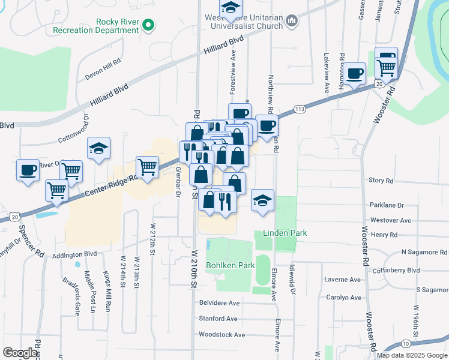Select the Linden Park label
pyautogui.click(x=285, y=233)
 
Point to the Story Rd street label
pyautogui.click(x=381, y=180)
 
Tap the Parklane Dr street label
pyautogui.click(x=387, y=205)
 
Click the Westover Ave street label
pyautogui.click(x=391, y=220)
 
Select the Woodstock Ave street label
pyautogui.click(x=222, y=335)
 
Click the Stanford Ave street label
pyautogui.click(x=218, y=319)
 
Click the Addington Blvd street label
pyautogui.click(x=75, y=254)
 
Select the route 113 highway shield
pyautogui.click(x=300, y=109)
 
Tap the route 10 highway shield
pyautogui.click(x=406, y=343)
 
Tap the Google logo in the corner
pyautogui.click(x=20, y=353)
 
